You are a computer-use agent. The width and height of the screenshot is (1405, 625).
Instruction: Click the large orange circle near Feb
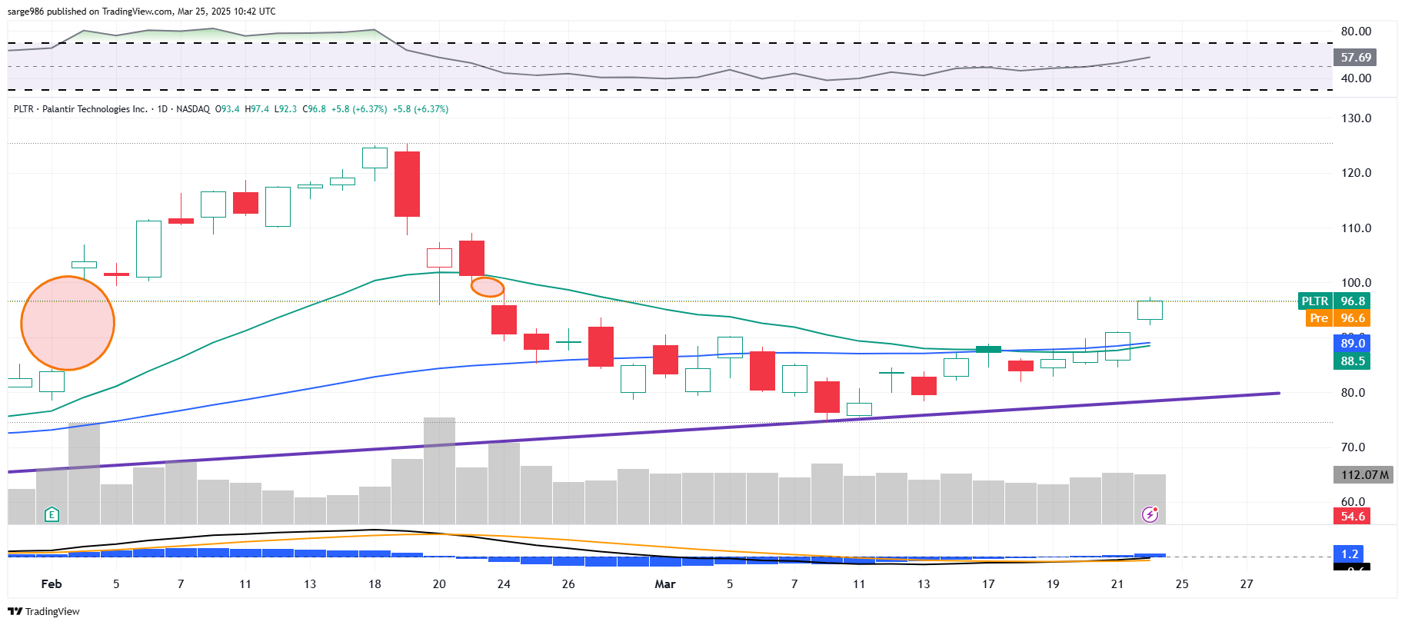[x=68, y=323]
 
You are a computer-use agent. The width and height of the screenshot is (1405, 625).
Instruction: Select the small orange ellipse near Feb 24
[x=488, y=287]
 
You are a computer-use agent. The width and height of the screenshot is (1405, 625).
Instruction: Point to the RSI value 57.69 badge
[x=1355, y=57]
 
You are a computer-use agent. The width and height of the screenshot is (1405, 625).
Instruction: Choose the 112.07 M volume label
[x=1363, y=474]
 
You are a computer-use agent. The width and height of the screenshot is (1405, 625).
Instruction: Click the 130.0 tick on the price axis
[x=1356, y=118]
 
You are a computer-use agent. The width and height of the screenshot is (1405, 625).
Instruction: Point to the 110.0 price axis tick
[x=1356, y=228]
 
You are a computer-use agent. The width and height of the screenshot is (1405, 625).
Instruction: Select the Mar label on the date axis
[x=664, y=584]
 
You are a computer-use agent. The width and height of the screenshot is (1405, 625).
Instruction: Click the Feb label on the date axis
[x=52, y=584]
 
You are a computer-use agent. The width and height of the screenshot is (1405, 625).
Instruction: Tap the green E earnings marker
[x=52, y=514]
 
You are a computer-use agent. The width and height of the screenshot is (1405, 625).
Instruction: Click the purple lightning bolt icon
[x=1150, y=514]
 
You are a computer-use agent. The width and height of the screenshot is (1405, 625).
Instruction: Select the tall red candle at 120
[x=407, y=184]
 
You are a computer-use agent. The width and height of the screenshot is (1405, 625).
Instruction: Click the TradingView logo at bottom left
[x=44, y=611]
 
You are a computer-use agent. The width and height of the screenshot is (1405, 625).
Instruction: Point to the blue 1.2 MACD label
[x=1350, y=554]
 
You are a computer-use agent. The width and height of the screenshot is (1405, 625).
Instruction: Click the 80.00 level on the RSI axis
[x=1356, y=32]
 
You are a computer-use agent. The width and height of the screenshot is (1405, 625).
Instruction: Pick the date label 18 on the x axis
[x=375, y=584]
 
